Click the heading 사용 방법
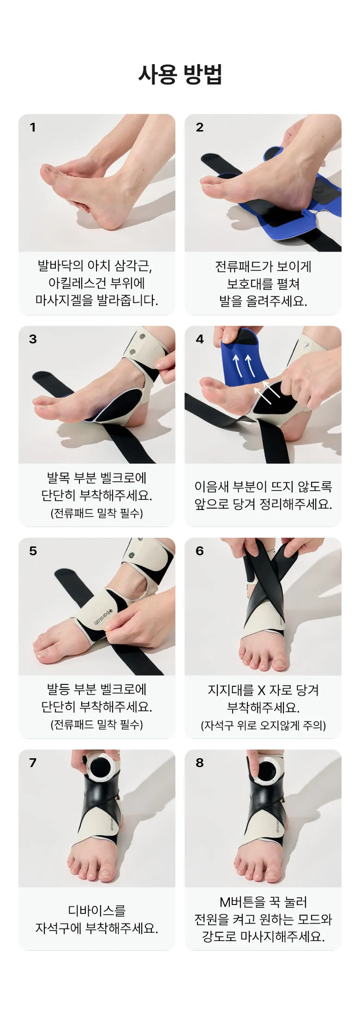tap(180, 74)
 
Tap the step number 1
tap(33, 127)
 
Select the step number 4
tap(199, 339)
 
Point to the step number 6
tap(199, 551)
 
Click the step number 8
tap(199, 763)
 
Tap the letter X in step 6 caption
tap(261, 690)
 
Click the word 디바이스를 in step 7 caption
tap(97, 911)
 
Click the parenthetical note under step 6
tap(263, 725)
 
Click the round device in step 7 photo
tap(101, 768)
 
